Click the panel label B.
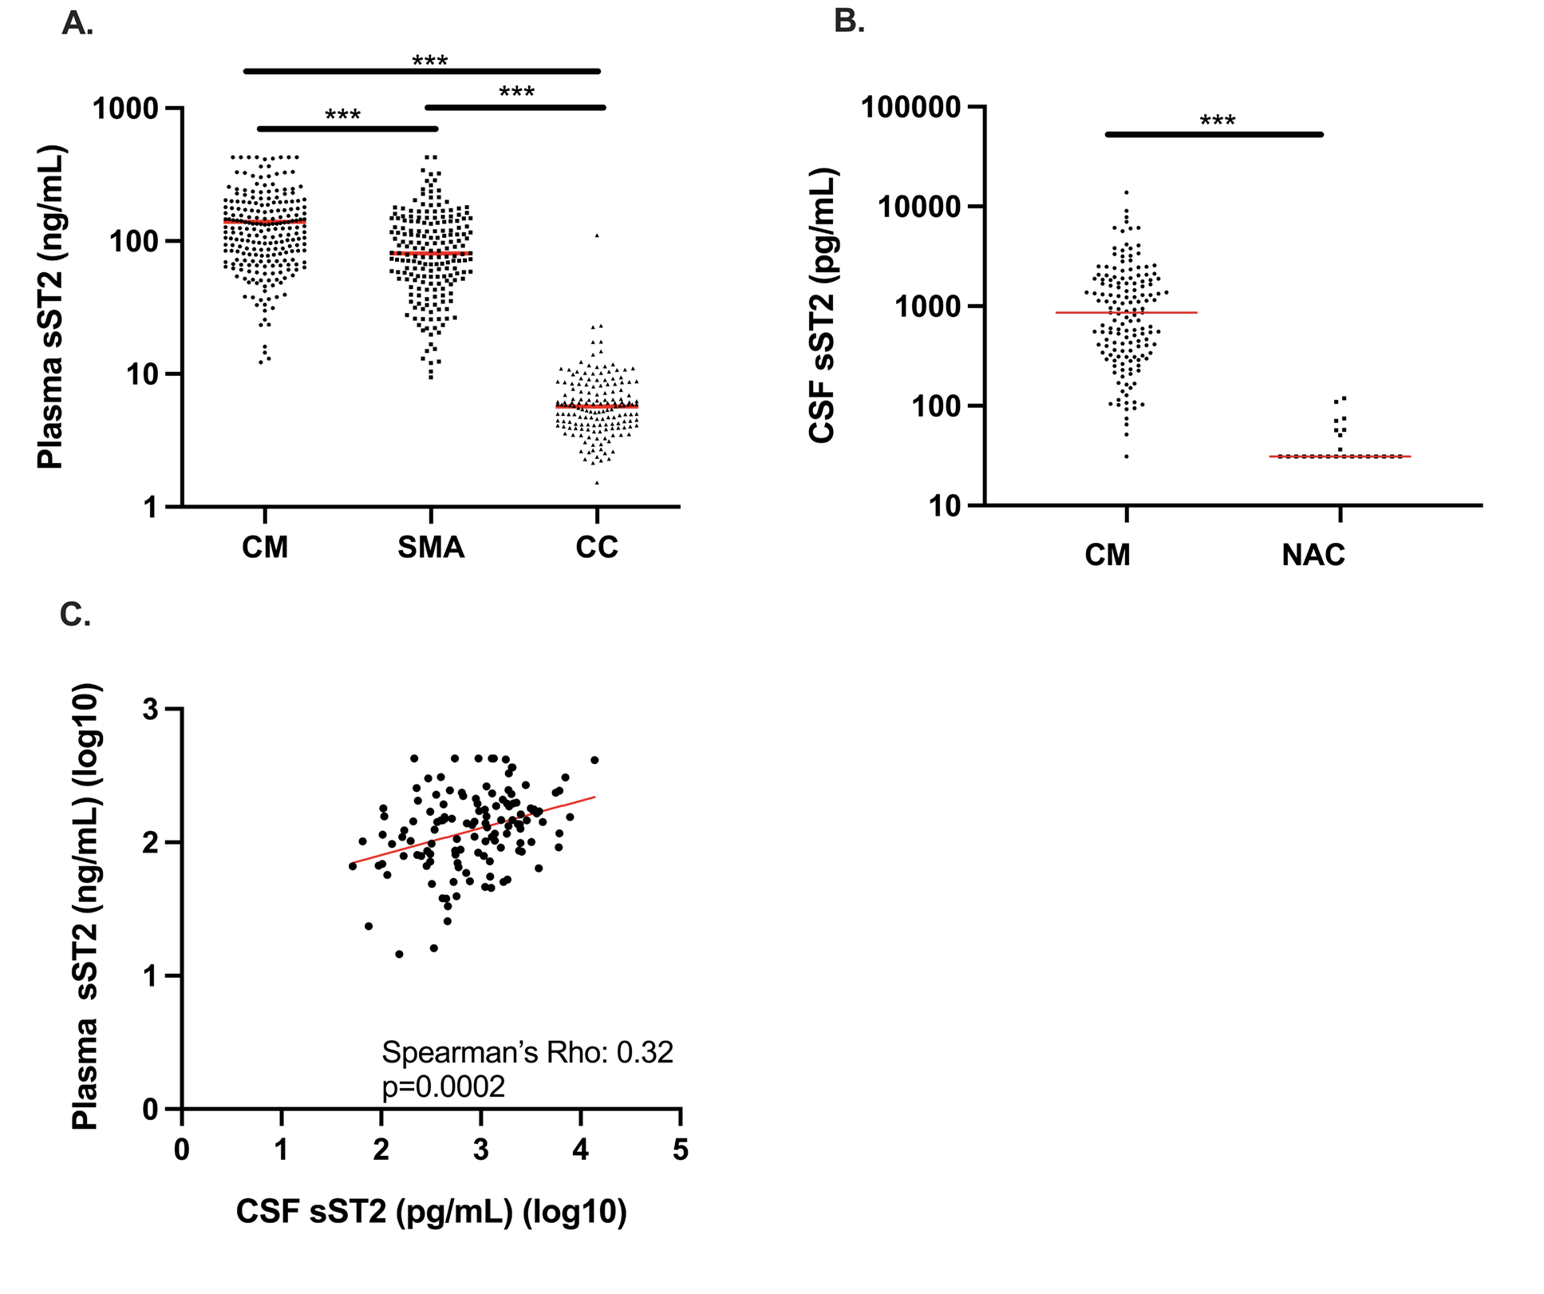849,21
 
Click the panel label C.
75,615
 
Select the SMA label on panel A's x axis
431,548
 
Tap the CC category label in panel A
597,548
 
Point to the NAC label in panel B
1313,555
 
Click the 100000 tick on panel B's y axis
910,107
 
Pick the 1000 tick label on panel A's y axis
126,109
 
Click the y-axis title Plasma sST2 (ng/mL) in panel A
50,307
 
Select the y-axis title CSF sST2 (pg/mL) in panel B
821,305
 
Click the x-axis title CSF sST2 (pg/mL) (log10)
431,1211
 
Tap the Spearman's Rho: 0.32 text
527,1052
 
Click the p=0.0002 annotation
443,1087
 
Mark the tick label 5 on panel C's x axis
680,1150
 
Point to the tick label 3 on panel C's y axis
151,710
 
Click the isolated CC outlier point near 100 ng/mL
597,235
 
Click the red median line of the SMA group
431,253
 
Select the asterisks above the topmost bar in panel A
429,61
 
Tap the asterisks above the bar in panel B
1218,121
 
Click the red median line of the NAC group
1341,457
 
